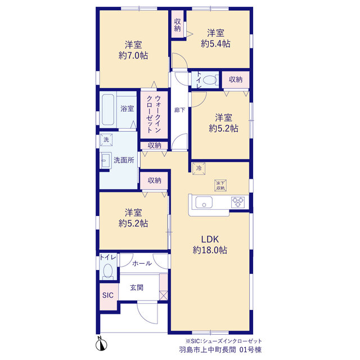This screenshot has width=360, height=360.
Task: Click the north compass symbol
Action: click(x=101, y=344)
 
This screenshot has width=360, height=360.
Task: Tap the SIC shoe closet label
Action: click(x=108, y=295)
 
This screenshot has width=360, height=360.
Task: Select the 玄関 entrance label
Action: click(x=137, y=287)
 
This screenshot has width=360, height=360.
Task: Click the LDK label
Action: click(x=210, y=239)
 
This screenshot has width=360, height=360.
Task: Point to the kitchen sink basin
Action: click(x=204, y=202)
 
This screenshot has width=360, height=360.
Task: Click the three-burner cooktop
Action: click(x=238, y=202)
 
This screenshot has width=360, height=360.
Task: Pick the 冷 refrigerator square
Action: click(x=199, y=168)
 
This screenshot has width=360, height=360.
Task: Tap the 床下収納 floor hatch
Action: click(x=220, y=185)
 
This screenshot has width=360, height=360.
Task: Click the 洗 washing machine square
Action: click(x=106, y=139)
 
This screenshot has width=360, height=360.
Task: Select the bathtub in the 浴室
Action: click(x=108, y=110)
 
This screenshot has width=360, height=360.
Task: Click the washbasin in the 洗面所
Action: click(x=106, y=160)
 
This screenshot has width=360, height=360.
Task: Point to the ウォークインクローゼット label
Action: click(x=154, y=114)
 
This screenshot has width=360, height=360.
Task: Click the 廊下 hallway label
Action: click(x=179, y=110)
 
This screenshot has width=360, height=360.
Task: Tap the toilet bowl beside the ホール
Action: click(x=107, y=271)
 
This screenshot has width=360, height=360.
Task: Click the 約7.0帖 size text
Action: click(x=133, y=55)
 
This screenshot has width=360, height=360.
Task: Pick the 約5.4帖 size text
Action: click(x=215, y=43)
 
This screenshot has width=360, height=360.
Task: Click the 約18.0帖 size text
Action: click(x=210, y=250)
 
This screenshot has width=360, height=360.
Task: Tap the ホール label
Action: click(x=142, y=263)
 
